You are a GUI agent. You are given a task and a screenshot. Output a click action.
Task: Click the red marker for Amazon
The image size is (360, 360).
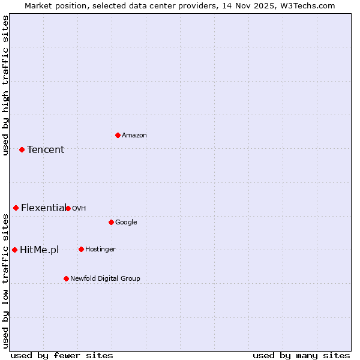pyautogui.click(x=118, y=135)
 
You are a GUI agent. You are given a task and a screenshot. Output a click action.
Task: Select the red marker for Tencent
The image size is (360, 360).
pyautogui.click(x=22, y=149)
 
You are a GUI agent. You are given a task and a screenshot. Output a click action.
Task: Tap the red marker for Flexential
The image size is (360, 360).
pyautogui.click(x=16, y=208)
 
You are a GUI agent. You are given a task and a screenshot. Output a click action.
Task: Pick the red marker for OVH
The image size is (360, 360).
pyautogui.click(x=68, y=208)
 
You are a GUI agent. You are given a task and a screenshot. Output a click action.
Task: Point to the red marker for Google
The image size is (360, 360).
pyautogui.click(x=111, y=222)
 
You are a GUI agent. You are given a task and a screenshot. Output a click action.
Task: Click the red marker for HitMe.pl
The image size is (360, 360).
pyautogui.click(x=14, y=250)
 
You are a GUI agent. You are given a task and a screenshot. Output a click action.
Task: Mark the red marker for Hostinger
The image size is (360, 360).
pyautogui.click(x=81, y=249)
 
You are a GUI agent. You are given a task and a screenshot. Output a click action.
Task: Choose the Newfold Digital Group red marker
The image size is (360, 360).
pyautogui.click(x=66, y=278)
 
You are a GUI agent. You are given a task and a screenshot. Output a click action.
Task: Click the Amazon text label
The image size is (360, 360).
pyautogui.click(x=134, y=136)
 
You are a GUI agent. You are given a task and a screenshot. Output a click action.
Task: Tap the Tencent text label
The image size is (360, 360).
pyautogui.click(x=46, y=150)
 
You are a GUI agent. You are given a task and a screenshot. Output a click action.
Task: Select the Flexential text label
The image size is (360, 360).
pyautogui.click(x=43, y=208)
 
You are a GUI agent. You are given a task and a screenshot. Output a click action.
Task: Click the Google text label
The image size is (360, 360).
pyautogui.click(x=126, y=223)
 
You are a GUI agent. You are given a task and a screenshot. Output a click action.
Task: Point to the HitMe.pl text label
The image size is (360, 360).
pyautogui.click(x=39, y=250)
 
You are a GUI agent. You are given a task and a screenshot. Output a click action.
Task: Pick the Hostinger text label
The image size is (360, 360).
pyautogui.click(x=100, y=250)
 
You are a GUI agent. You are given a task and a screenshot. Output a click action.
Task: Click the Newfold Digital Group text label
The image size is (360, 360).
pyautogui.click(x=105, y=279)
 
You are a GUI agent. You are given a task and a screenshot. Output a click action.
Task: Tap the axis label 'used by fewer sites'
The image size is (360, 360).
pyautogui.click(x=62, y=355)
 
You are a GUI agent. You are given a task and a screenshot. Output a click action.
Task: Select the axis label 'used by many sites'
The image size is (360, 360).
pyautogui.click(x=301, y=355)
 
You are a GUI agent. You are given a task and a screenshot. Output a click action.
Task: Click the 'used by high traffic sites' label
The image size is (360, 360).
pyautogui.click(x=6, y=85)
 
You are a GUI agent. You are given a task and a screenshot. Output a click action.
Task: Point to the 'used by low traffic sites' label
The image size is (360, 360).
pyautogui.click(x=6, y=281)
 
